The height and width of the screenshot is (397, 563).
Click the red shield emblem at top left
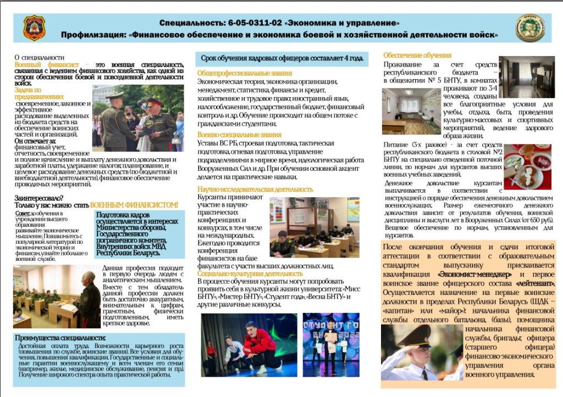[x=34, y=27]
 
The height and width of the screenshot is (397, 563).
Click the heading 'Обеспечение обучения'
[x=417, y=55]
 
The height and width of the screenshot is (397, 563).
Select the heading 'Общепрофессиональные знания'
[x=245, y=73]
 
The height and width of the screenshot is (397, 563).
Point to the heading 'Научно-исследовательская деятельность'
[x=255, y=189]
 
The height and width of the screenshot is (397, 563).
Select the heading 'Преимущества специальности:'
[x=60, y=337]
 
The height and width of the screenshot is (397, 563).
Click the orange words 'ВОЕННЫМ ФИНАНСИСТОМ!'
[x=134, y=205]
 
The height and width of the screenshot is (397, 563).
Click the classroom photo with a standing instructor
[x=56, y=296]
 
